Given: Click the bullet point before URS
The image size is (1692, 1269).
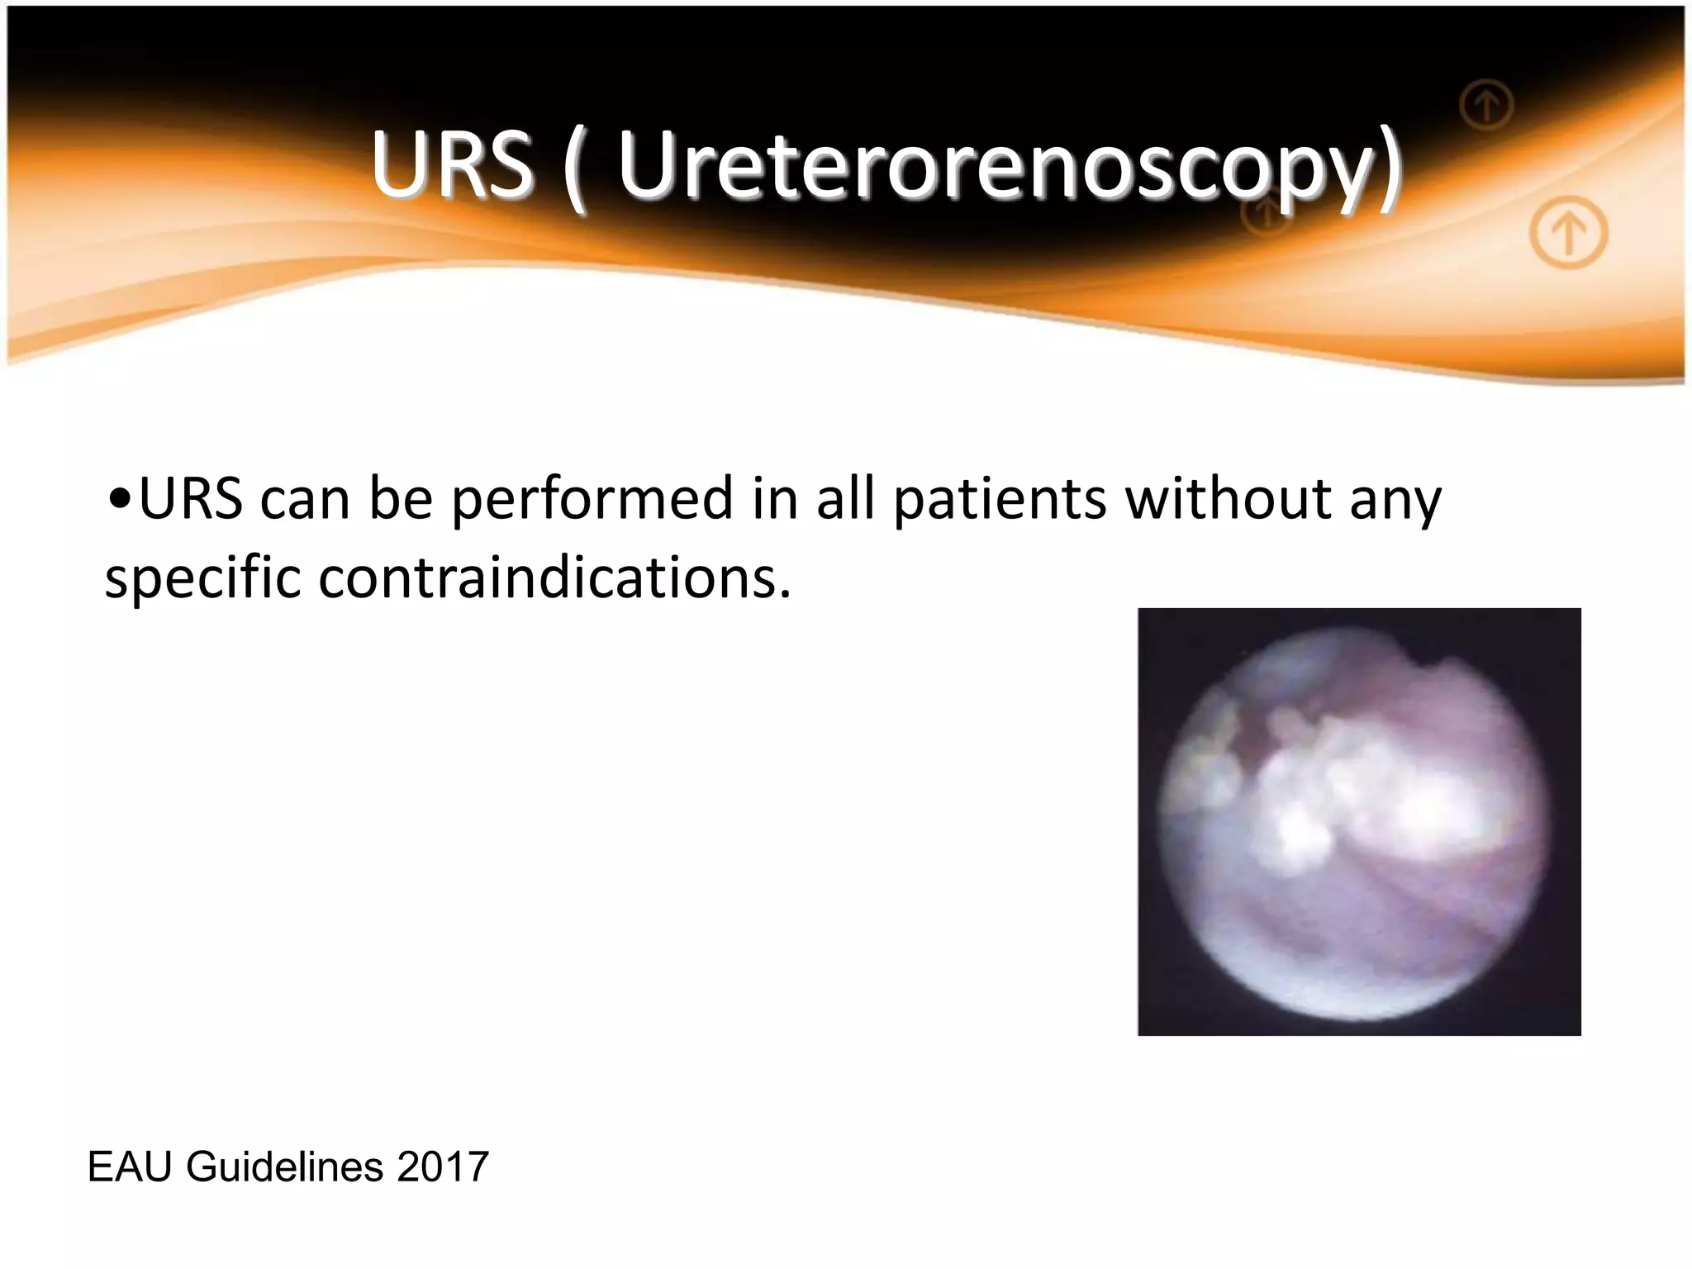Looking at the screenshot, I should coord(119,499).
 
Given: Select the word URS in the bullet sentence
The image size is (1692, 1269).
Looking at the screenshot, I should coord(191,499).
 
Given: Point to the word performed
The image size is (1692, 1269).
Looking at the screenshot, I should coord(592,501).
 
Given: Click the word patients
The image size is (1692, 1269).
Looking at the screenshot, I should coord(1000,501).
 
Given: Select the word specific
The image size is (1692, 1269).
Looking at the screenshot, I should coord(202,578).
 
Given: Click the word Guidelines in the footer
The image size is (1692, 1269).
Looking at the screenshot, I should coord(285,1167).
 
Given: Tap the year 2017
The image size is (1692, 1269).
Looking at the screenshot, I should coord(443,1167).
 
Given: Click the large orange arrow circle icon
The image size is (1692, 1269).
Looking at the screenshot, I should coord(1568,232).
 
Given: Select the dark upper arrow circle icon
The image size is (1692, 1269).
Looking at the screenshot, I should coord(1486,105).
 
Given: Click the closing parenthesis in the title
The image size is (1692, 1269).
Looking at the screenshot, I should coord(1390,169).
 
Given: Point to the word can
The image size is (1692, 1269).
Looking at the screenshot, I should coord(305,501).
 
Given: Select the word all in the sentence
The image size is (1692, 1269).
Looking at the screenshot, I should coord(845,499).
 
